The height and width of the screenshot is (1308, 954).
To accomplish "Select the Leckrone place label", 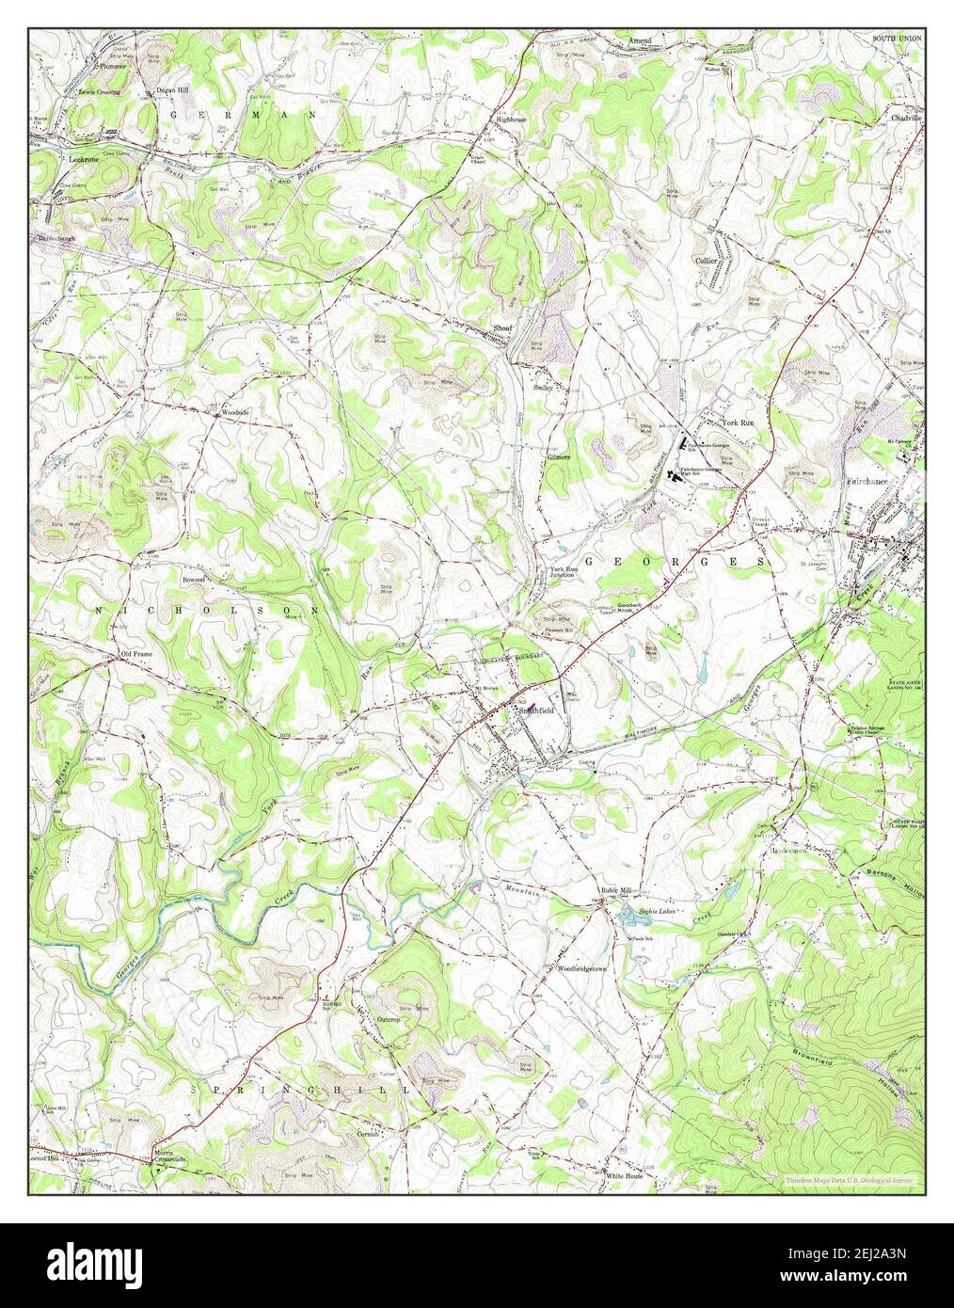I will point(85,160).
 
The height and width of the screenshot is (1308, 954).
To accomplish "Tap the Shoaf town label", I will point(501,328).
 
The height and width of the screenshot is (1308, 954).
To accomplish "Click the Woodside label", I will point(234,412).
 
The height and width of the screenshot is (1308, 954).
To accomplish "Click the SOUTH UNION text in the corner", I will point(897,38).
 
